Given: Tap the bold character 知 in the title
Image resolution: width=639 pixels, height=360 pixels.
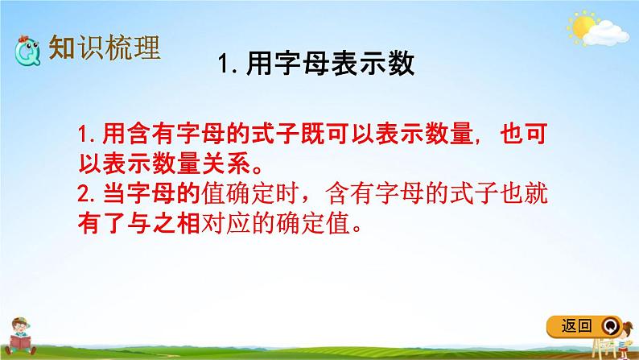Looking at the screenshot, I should tap(62, 48).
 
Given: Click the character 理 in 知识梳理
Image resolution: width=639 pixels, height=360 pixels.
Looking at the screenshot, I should tap(145, 48).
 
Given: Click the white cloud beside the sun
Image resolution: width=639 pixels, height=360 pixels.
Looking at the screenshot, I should tap(608, 34).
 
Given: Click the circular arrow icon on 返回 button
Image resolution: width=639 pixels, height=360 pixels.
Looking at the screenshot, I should tap(611, 326).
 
